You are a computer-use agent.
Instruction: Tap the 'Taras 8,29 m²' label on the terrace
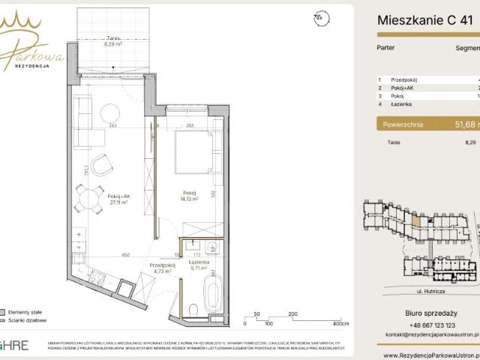(114, 41)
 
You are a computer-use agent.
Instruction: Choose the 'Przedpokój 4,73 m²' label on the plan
(161, 268)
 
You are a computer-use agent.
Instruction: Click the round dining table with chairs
(91, 199)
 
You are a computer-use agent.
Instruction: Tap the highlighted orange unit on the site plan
(415, 219)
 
